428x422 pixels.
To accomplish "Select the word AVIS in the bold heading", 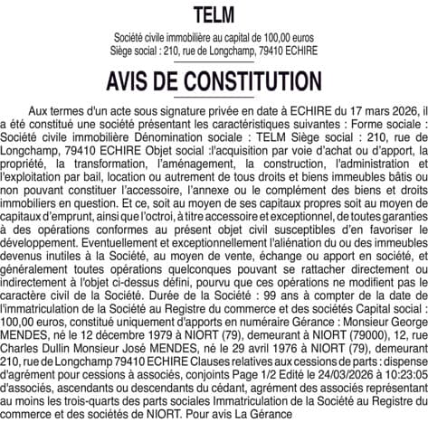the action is pyautogui.click(x=134, y=81).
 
